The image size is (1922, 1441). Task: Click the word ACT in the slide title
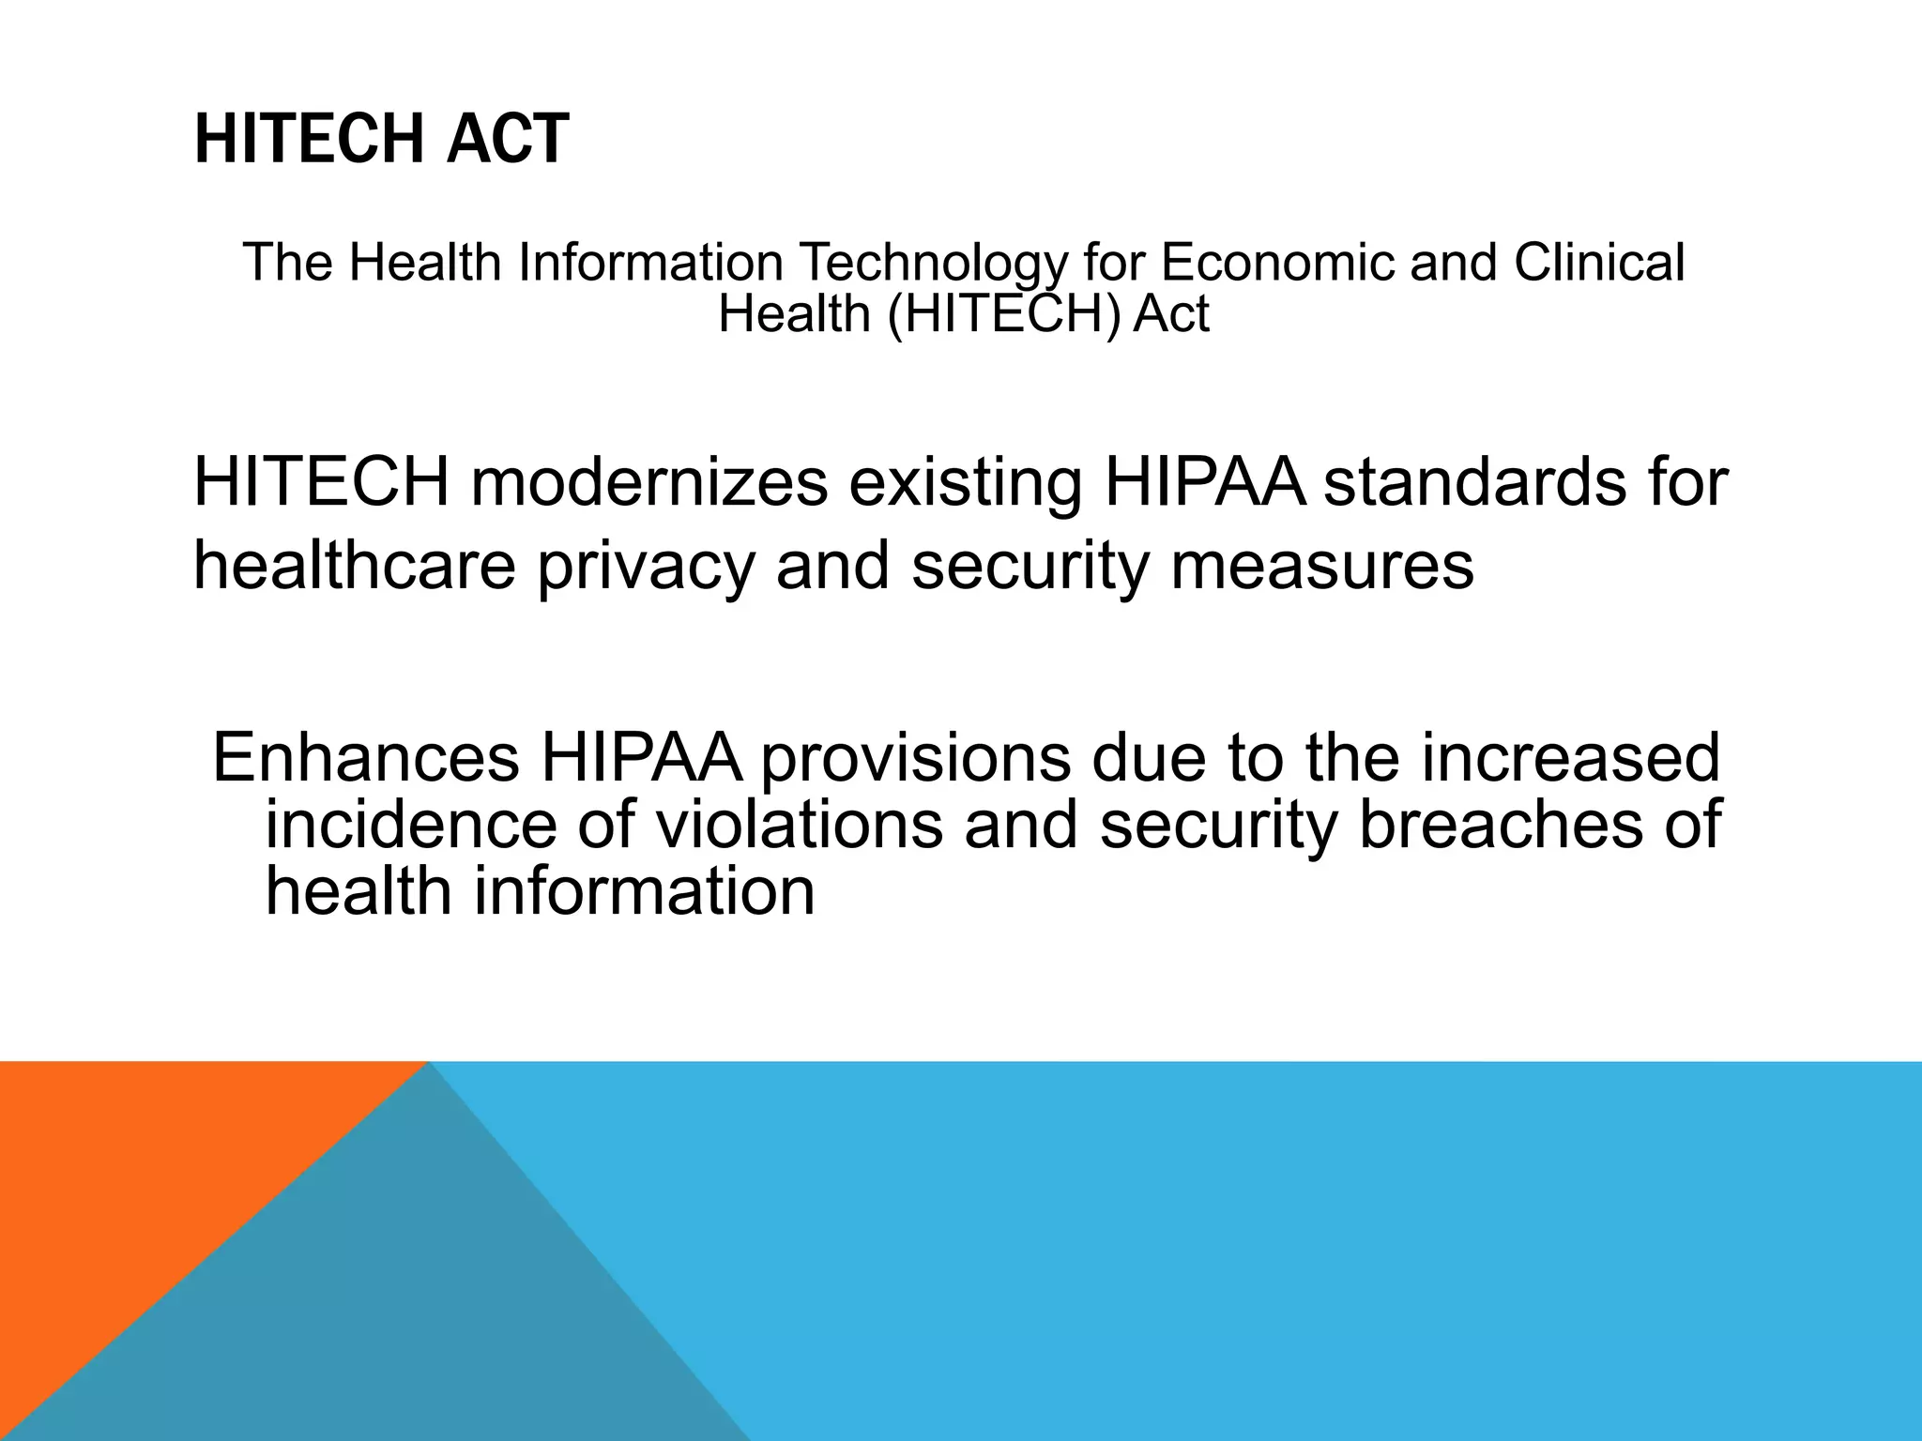508,139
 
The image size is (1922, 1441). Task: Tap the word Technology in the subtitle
933,263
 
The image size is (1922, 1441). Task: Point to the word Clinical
1599,263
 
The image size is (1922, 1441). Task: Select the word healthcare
355,567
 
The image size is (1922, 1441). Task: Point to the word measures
1321,567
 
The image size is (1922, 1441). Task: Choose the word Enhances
365,757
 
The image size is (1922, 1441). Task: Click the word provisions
914,759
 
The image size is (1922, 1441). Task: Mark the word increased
1570,757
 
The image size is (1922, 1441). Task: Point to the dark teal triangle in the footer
394,1313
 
